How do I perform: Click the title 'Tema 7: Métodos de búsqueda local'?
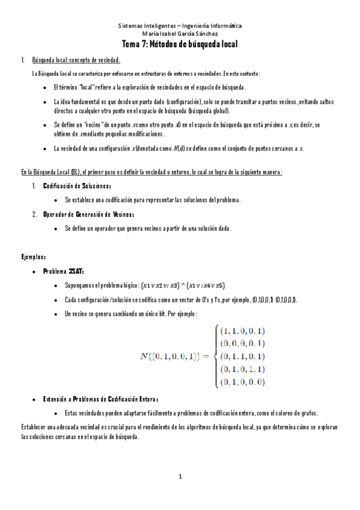pyautogui.click(x=180, y=45)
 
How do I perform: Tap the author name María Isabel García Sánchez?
pyautogui.click(x=180, y=34)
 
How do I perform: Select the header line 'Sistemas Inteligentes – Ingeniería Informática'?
pyautogui.click(x=180, y=26)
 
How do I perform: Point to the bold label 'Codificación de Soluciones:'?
pyautogui.click(x=76, y=185)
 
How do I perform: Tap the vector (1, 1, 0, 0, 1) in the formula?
pyautogui.click(x=242, y=331)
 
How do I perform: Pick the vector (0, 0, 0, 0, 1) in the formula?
pyautogui.click(x=242, y=343)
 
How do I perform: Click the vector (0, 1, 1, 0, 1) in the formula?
pyautogui.click(x=242, y=356)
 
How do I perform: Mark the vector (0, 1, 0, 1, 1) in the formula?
pyautogui.click(x=242, y=369)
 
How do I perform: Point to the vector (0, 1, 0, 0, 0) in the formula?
pyautogui.click(x=242, y=381)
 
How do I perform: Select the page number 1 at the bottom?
pyautogui.click(x=180, y=477)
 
